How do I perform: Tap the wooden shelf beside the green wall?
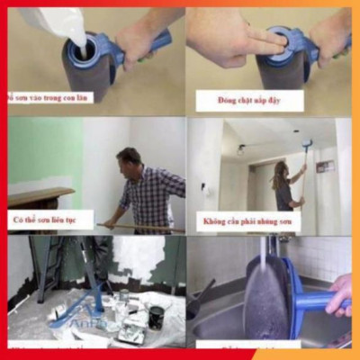click(x=40, y=194)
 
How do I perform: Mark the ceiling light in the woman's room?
click(x=240, y=148)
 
